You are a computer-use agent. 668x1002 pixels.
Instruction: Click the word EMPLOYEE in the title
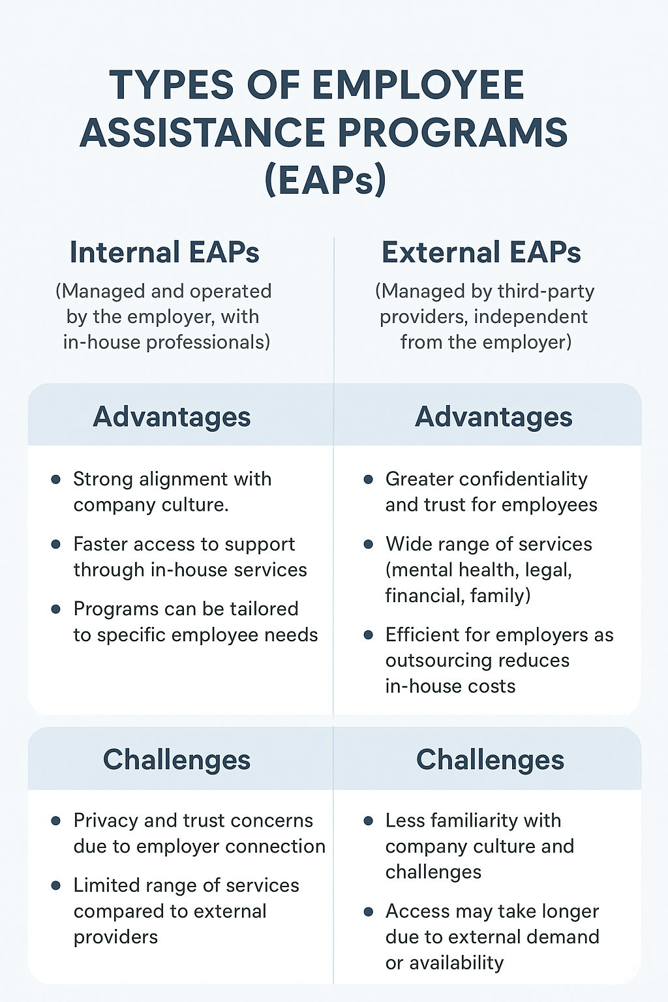tap(418, 85)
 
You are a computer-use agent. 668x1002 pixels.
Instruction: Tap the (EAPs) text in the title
tap(326, 179)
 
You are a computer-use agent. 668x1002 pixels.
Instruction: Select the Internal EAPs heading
tap(164, 252)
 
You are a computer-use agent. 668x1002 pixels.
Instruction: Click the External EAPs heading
tap(481, 252)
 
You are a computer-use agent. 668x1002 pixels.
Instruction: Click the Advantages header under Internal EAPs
tap(172, 417)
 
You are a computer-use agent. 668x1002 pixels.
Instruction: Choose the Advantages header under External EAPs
tap(494, 417)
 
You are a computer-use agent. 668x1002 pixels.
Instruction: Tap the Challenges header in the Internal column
tap(177, 760)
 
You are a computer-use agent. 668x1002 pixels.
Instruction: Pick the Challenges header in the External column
tap(491, 760)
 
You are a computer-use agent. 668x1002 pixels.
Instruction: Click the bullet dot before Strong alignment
tap(56, 479)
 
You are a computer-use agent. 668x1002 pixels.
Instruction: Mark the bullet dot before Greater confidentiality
tap(369, 479)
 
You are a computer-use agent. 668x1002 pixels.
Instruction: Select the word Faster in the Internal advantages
tap(102, 544)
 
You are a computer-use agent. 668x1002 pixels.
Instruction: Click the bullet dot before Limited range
tap(56, 886)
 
